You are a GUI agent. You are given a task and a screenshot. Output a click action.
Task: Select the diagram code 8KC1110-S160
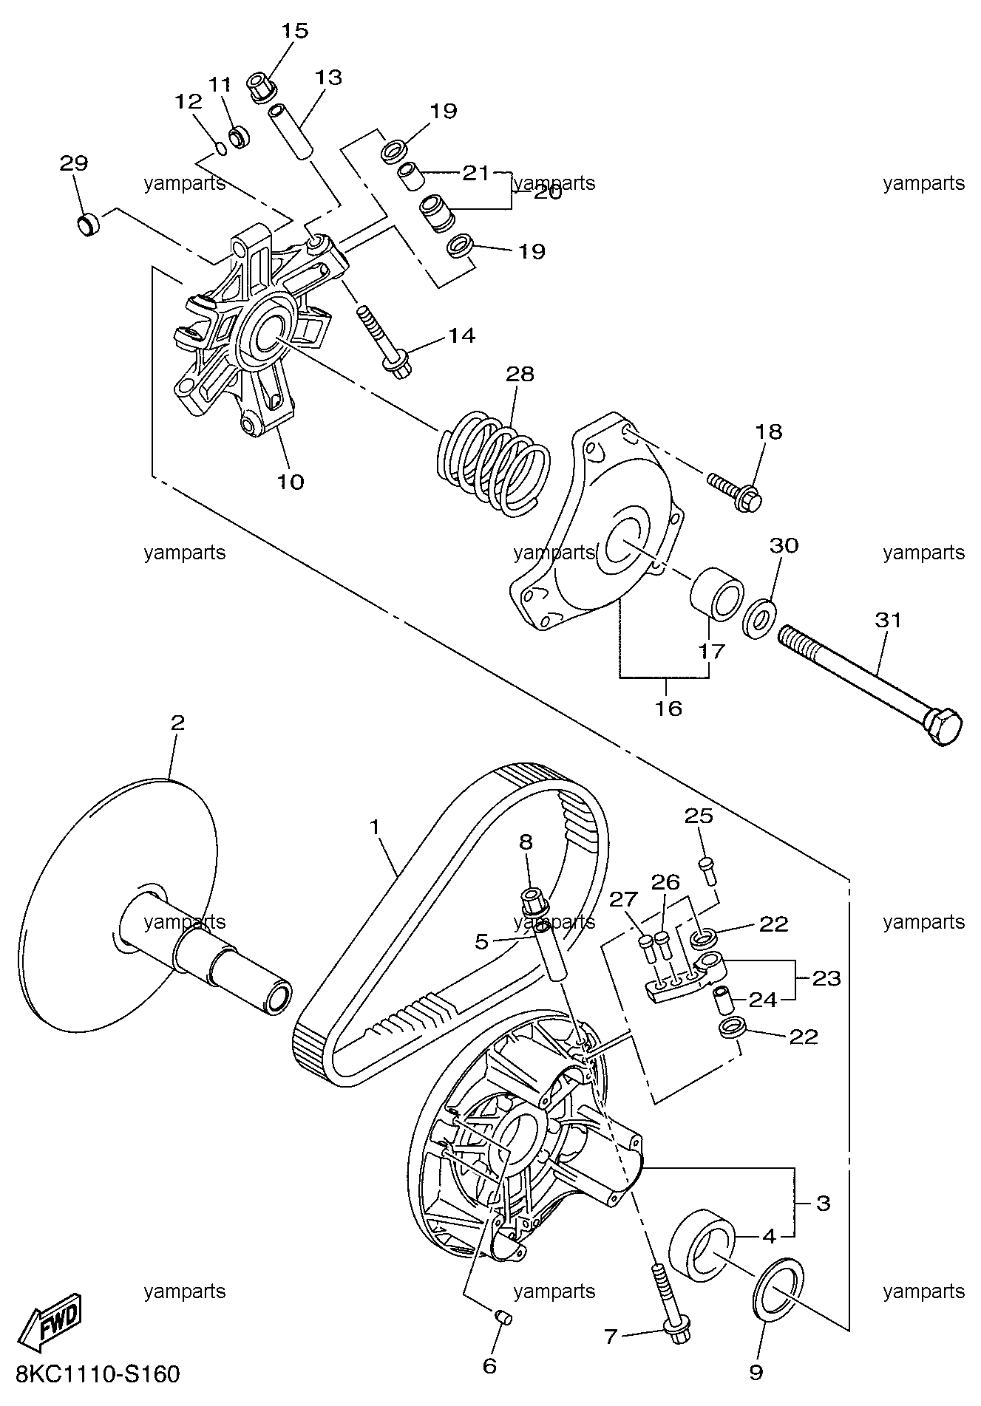(97, 1374)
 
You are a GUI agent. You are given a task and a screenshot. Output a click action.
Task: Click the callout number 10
(291, 482)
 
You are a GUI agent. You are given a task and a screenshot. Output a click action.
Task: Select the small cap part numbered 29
(89, 224)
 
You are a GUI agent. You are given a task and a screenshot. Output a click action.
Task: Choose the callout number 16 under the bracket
(668, 709)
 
